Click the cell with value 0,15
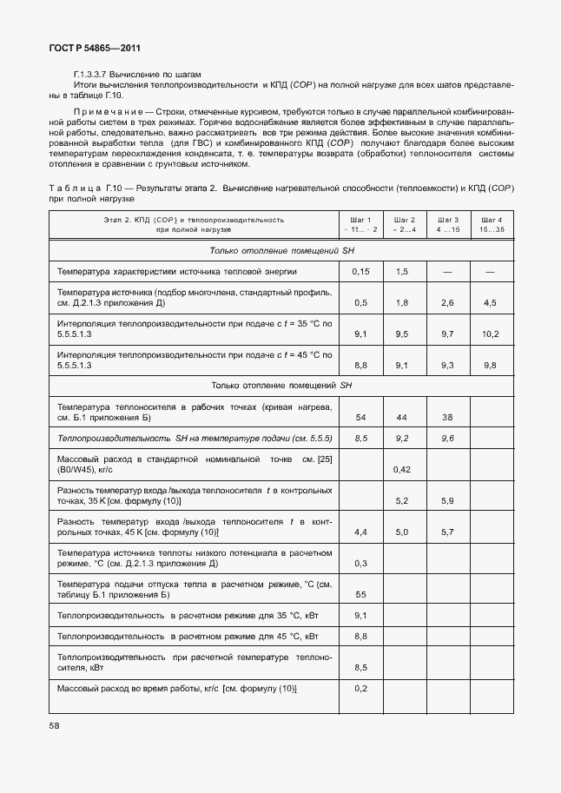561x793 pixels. (360, 272)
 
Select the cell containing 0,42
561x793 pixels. (401, 470)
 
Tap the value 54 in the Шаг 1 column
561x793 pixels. (360, 417)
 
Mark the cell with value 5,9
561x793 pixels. (447, 501)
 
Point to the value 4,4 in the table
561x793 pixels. (360, 532)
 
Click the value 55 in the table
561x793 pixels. (360, 594)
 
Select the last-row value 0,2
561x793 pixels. (360, 689)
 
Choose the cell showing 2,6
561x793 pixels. (447, 302)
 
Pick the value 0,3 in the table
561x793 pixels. (360, 563)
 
